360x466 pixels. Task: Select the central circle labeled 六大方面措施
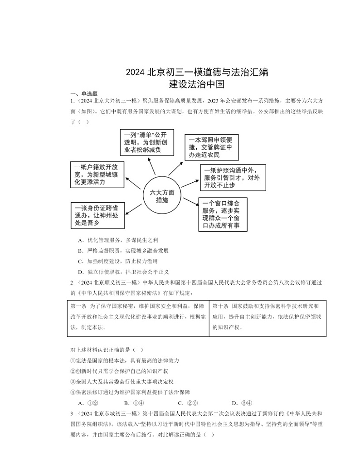click(x=162, y=195)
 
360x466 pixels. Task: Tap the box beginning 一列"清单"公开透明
click(x=147, y=142)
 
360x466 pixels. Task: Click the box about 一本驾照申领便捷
click(x=212, y=147)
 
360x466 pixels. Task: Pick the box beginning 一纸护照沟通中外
click(x=233, y=177)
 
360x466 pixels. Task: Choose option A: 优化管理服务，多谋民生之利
click(x=118, y=240)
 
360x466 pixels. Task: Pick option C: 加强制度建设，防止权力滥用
click(x=118, y=261)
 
